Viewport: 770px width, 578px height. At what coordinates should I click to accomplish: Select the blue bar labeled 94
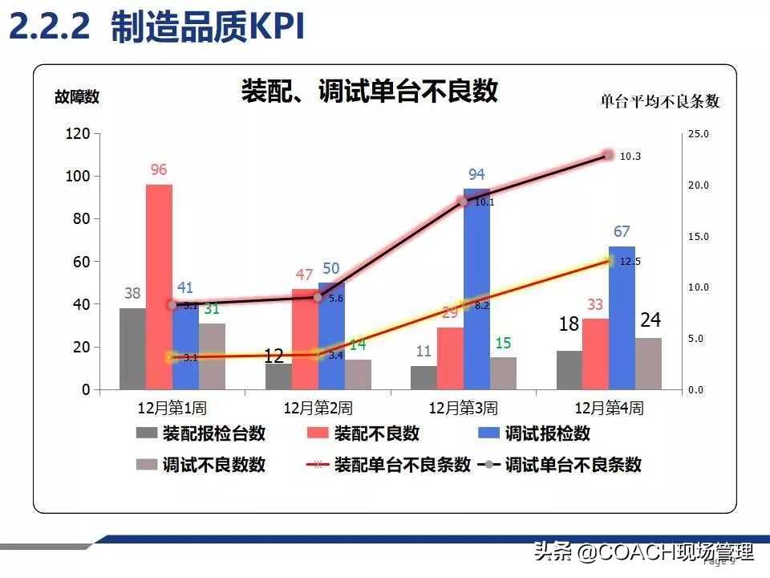point(476,289)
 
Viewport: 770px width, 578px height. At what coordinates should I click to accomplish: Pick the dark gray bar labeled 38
point(132,348)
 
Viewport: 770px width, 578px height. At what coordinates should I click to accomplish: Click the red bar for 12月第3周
point(450,358)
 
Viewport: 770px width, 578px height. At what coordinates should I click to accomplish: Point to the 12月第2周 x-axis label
point(318,408)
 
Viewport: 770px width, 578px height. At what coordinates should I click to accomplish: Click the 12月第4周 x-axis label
point(609,408)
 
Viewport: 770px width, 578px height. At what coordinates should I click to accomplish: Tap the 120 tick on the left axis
point(78,133)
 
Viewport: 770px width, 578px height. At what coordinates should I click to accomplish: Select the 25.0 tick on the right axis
point(699,134)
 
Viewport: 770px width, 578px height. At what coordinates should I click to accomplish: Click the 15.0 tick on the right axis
point(699,237)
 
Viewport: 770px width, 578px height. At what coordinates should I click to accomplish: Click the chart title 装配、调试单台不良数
point(370,91)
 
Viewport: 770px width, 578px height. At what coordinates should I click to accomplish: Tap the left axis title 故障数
point(77,97)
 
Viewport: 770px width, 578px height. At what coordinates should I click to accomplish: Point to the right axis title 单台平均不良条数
point(659,101)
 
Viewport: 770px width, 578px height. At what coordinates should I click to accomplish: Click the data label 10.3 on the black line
point(630,157)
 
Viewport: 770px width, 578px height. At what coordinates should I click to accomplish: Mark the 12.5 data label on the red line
point(630,262)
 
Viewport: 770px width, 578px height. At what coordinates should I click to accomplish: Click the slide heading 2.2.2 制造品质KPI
point(156,28)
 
